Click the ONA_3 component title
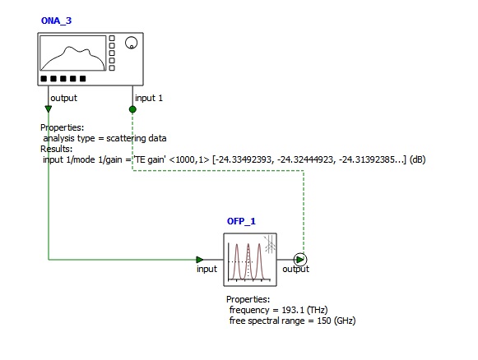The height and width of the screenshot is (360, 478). tap(56, 21)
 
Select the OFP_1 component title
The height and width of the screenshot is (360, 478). tap(241, 221)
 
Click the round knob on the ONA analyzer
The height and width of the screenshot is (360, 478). tap(131, 43)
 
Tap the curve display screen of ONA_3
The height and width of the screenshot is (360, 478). tap(73, 53)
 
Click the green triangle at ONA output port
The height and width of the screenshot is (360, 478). tap(49, 108)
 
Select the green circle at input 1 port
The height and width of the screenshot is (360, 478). tap(132, 109)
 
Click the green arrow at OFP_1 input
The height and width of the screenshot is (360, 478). tap(200, 260)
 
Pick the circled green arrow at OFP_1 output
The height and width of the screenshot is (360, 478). tap(300, 260)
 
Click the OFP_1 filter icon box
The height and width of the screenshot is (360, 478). tap(250, 260)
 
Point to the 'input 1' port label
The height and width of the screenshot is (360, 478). tap(149, 98)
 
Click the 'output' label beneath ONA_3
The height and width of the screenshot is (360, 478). tap(63, 98)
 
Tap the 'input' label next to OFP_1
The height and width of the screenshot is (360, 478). tap(207, 269)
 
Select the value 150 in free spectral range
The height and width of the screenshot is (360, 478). tap(324, 321)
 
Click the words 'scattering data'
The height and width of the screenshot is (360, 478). tap(137, 138)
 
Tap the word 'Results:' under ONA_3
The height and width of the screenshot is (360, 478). tap(57, 149)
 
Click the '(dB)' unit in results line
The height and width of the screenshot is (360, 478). tap(417, 159)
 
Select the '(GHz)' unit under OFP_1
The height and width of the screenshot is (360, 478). tap(345, 321)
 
